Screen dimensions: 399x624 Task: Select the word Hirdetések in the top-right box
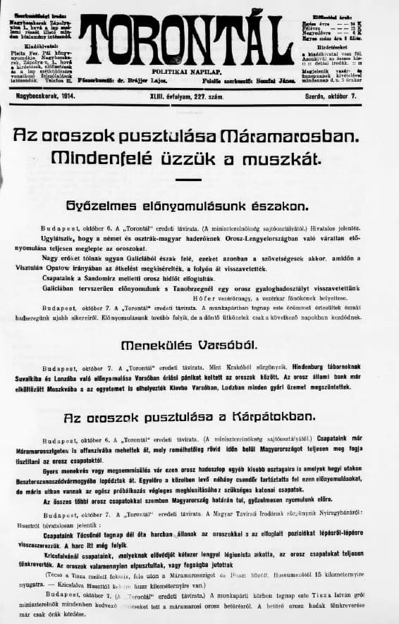(x=338, y=48)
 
